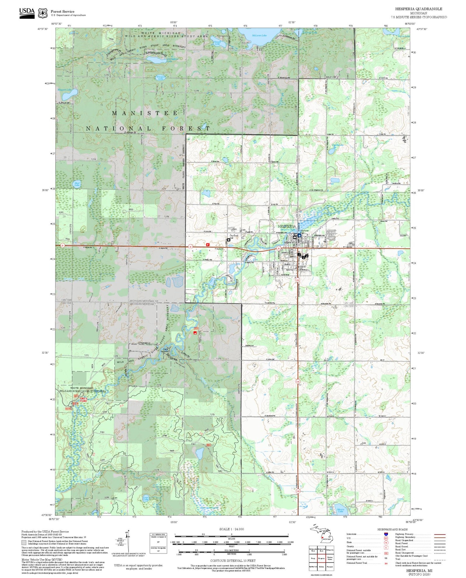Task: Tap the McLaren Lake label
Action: coord(259,35)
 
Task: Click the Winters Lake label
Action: coord(161,78)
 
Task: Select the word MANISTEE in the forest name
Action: coord(145,113)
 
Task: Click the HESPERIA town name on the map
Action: coord(287,226)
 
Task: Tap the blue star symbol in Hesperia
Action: coord(299,235)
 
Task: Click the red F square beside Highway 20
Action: coord(208,245)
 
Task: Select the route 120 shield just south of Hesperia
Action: coord(298,280)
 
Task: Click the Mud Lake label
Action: coord(77,184)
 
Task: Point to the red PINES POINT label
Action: coord(83,400)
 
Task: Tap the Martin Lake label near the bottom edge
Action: coord(340,510)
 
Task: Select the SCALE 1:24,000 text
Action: coord(231,529)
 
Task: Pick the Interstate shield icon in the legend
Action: coord(386,534)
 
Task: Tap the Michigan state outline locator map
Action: coord(320,533)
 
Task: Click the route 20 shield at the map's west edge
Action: coord(62,246)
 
